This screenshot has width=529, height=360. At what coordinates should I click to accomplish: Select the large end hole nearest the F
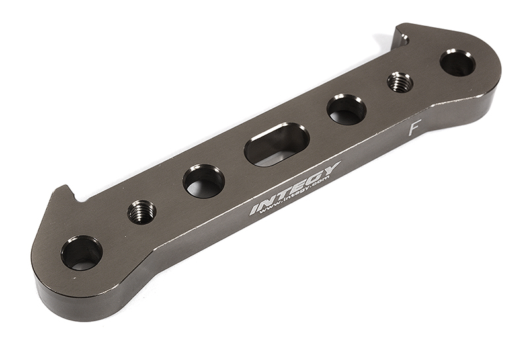point(457,63)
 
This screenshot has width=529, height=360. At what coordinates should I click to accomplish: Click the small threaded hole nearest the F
point(399,82)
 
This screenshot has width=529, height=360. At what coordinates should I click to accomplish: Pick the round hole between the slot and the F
point(346,109)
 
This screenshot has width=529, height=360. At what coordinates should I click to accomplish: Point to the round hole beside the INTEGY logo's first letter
point(204,181)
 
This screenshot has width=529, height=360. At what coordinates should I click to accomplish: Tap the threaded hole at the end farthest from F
point(142,212)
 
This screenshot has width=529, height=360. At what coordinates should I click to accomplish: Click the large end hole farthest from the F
point(82,252)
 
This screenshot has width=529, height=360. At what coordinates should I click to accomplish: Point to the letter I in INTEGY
point(255,209)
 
